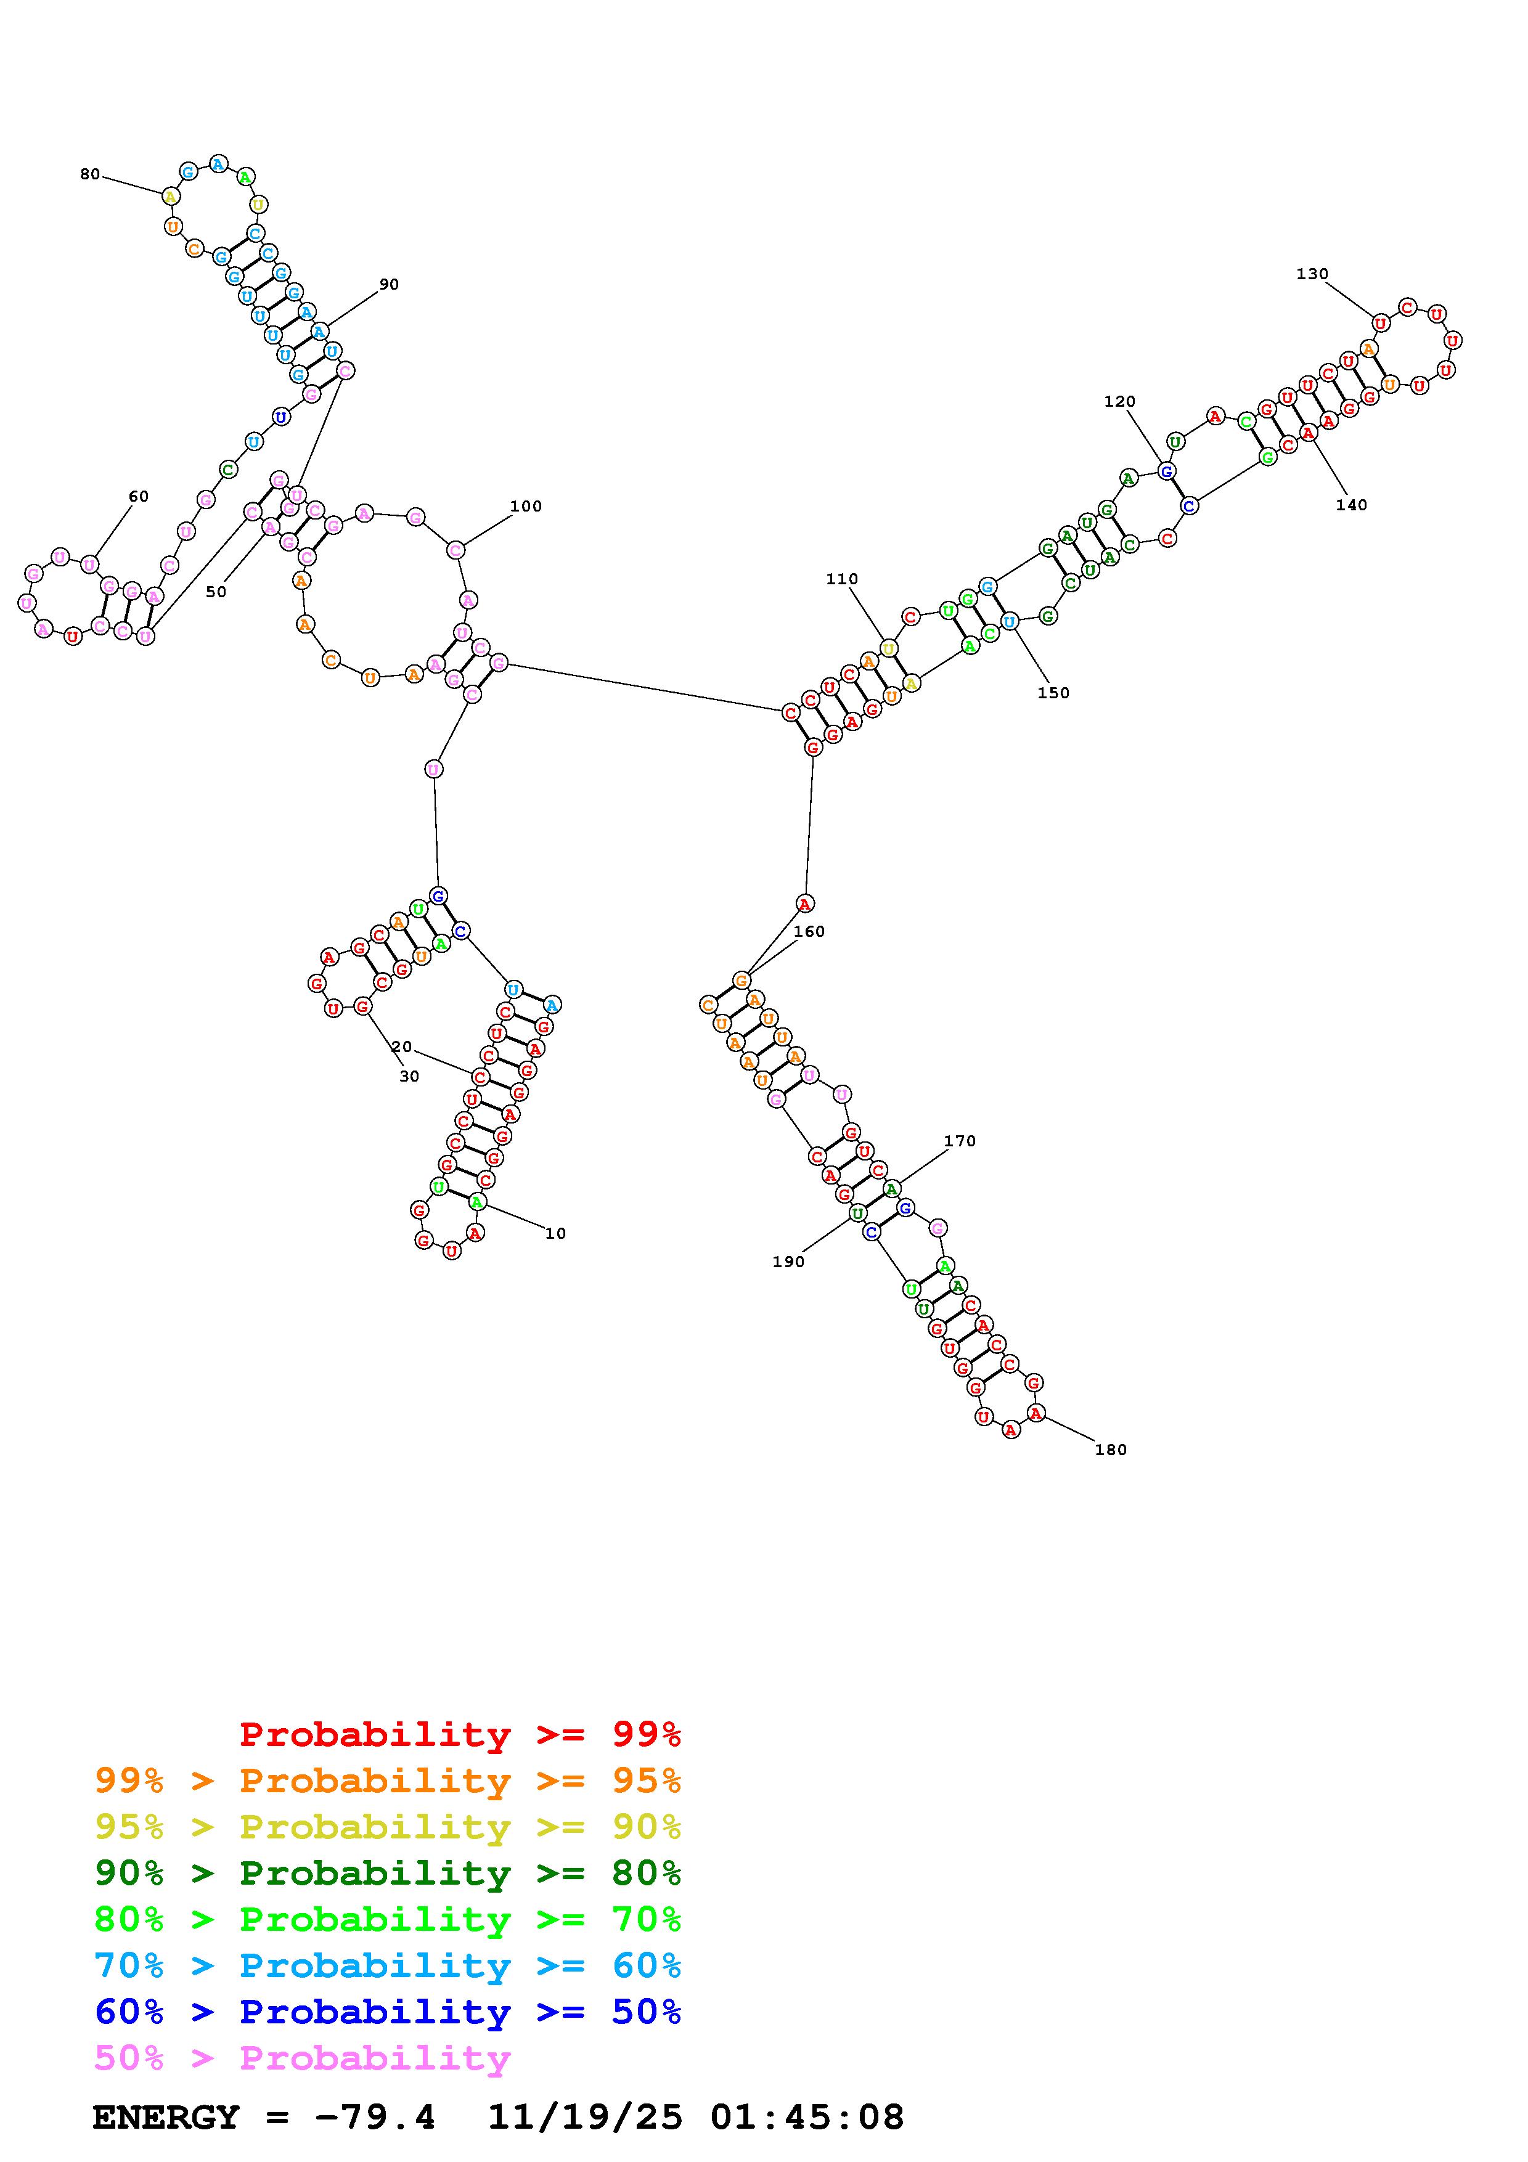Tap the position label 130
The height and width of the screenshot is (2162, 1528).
[x=1312, y=274]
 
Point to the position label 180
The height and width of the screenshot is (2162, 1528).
[x=1110, y=1450]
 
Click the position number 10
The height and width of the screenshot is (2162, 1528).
[x=555, y=1234]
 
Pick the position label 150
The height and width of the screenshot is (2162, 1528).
[x=1053, y=693]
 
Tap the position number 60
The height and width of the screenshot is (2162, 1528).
[x=139, y=496]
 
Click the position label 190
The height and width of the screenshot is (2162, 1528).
[x=788, y=1262]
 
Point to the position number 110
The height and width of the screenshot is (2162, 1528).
[x=842, y=579]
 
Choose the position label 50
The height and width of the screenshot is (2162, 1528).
[x=216, y=592]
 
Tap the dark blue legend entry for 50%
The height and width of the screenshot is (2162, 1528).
[x=387, y=2012]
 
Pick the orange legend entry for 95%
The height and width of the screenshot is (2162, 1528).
[x=387, y=1781]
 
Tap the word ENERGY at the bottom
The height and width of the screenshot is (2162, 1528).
[x=166, y=2118]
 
